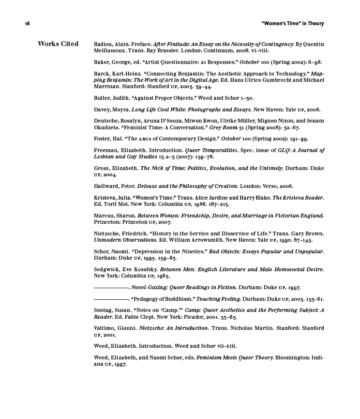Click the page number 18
[27, 24]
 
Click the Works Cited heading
[58, 44]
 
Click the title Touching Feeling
[218, 299]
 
